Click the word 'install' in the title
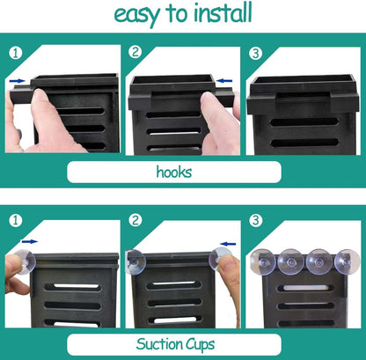coord(223,12)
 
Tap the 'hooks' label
coord(174,172)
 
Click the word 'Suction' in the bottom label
coord(158,343)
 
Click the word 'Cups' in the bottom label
coord(200,344)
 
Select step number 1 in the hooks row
coord(15,53)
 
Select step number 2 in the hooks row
coord(135,52)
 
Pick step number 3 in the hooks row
coord(255,53)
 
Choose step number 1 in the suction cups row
coord(15,220)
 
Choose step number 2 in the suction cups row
coord(135,220)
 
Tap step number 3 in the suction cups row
coord(255,220)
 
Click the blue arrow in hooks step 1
coord(17,81)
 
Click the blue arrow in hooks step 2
coord(224,81)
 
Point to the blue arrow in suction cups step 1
coord(30,241)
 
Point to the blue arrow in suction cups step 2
coord(228,244)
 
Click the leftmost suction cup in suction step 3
coord(263,261)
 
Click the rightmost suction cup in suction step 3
coord(348,261)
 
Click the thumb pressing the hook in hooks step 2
coord(218,117)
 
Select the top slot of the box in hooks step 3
coord(304,121)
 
